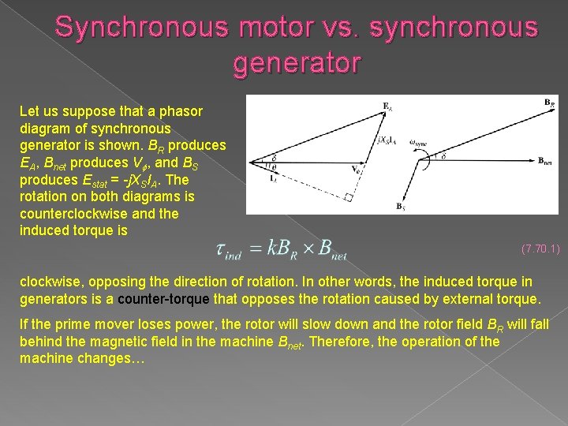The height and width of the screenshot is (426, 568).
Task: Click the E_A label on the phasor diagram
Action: pyautogui.click(x=387, y=106)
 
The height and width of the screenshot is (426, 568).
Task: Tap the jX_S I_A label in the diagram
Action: pyautogui.click(x=387, y=142)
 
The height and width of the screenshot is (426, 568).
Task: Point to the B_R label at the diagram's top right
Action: pyautogui.click(x=549, y=103)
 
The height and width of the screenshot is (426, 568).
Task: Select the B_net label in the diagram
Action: pyautogui.click(x=545, y=161)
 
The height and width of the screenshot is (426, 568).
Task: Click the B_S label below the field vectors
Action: pyautogui.click(x=401, y=206)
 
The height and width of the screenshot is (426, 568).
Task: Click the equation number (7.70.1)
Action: pyautogui.click(x=540, y=249)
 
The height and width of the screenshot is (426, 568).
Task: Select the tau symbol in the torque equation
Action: pyautogui.click(x=222, y=249)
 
